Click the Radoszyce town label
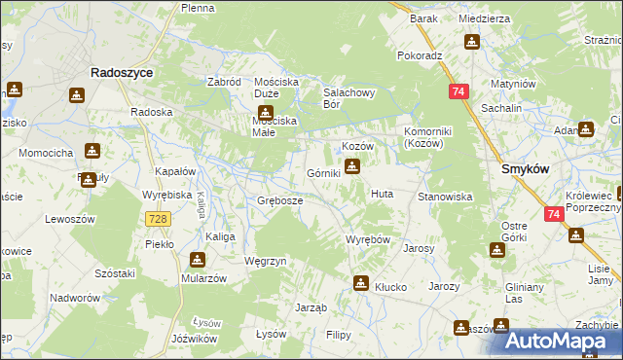[118, 72]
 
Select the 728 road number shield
[159, 220]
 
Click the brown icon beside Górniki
[353, 166]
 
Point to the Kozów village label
[357, 145]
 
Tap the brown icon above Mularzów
[198, 260]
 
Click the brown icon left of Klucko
[361, 283]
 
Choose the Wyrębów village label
[368, 239]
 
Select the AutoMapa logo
[563, 341]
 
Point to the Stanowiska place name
[445, 197]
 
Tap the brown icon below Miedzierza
[472, 42]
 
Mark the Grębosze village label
[279, 200]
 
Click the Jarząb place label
[311, 307]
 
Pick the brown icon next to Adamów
[586, 128]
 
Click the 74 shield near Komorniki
[458, 90]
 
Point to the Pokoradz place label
[420, 55]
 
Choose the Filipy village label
[338, 335]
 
